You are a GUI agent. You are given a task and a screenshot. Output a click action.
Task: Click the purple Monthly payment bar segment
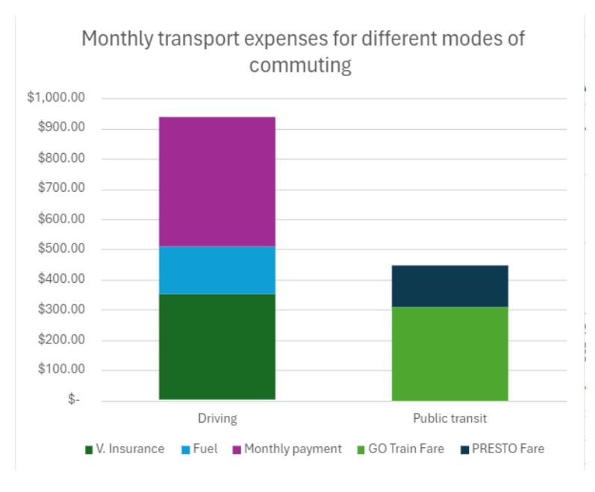coord(216,181)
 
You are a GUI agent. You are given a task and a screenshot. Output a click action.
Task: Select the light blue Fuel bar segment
coord(216,270)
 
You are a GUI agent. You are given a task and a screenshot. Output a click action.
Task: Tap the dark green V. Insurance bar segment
coord(216,346)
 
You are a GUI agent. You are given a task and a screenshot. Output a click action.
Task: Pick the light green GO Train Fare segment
coord(449,353)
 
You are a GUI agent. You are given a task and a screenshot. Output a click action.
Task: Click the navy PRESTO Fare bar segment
coord(449,286)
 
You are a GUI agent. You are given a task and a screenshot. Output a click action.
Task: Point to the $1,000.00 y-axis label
coord(56,99)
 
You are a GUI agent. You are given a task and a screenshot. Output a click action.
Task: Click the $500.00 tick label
coord(60,249)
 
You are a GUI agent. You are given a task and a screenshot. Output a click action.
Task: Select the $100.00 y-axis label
coord(60,370)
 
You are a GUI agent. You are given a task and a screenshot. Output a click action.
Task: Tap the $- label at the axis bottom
coord(73,400)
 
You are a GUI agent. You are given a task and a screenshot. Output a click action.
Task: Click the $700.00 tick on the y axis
coord(60,189)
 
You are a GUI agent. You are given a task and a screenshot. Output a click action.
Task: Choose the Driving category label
coord(216,418)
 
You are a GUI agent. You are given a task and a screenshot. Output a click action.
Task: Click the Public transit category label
coord(449,418)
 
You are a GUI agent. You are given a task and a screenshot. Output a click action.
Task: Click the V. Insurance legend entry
coord(125,449)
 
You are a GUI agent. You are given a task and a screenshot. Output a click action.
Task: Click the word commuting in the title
coord(300,65)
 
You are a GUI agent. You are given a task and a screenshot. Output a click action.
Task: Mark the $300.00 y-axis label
coord(60,310)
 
